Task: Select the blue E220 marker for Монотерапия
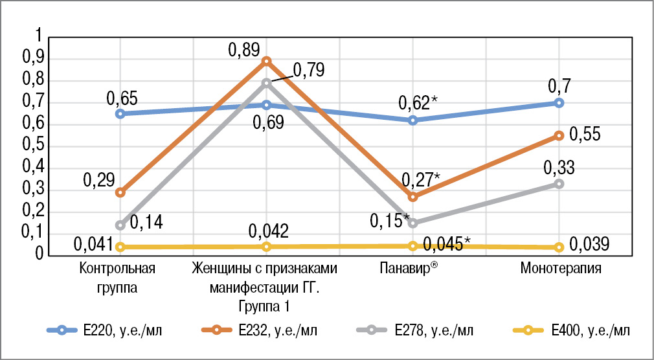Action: [x=559, y=103]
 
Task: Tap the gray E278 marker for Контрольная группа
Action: [x=120, y=225]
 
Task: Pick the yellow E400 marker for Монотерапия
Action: [x=559, y=247]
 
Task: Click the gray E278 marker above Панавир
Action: [x=412, y=223]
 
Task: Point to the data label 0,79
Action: [x=309, y=69]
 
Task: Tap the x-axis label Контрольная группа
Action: [x=119, y=276]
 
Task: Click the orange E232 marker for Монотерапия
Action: [x=559, y=135]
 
